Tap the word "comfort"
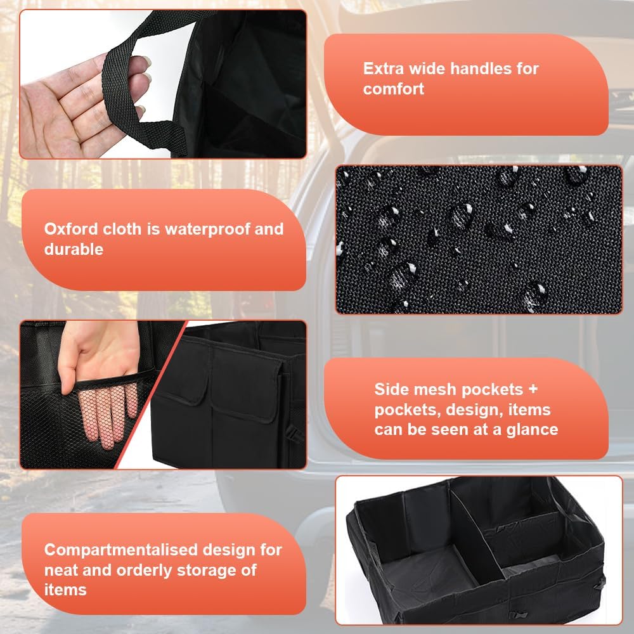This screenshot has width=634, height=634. (394, 89)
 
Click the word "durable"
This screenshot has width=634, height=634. (74, 249)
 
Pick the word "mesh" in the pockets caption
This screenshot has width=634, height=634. (435, 389)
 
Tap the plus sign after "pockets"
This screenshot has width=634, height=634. (533, 389)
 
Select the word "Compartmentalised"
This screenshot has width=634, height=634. (121, 550)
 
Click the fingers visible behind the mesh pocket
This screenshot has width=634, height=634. (108, 413)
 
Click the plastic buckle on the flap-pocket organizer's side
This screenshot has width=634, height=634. (295, 437)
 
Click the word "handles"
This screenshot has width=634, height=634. (481, 68)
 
